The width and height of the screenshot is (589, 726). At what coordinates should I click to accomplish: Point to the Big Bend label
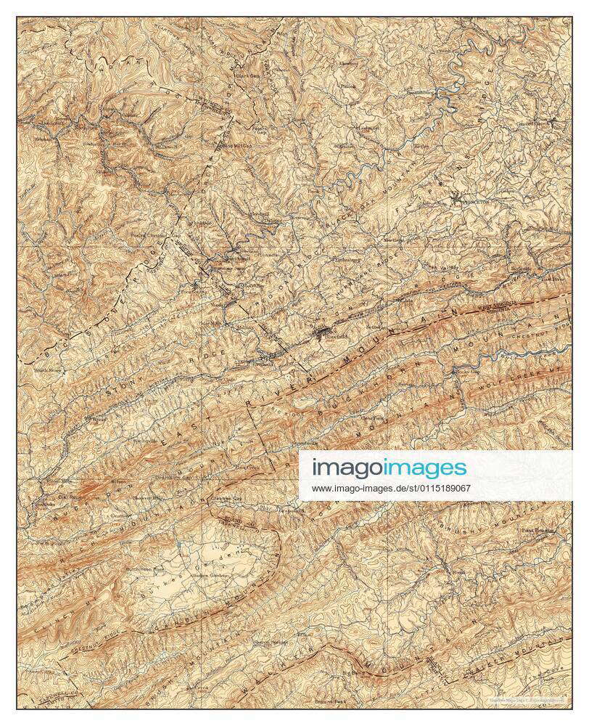(x=353, y=674)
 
